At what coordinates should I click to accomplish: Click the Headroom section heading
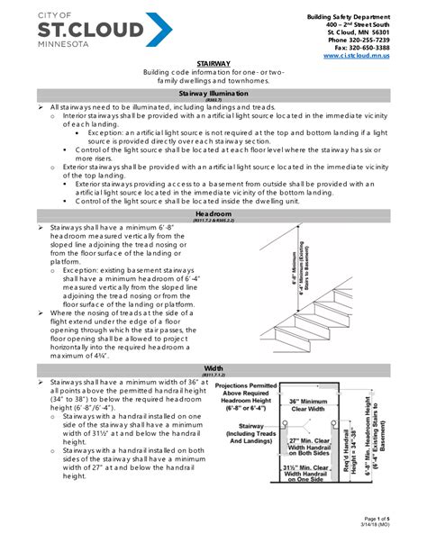[213, 215]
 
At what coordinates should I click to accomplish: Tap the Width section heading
[213, 368]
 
